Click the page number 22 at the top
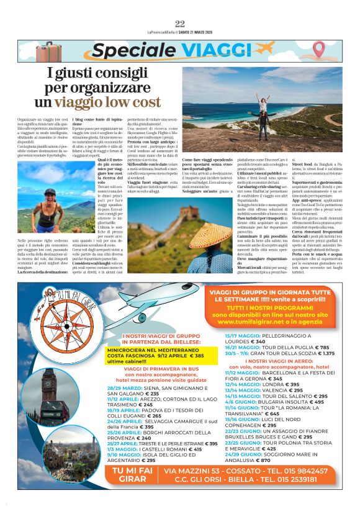[x=180, y=24]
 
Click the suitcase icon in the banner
[x=48, y=52]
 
